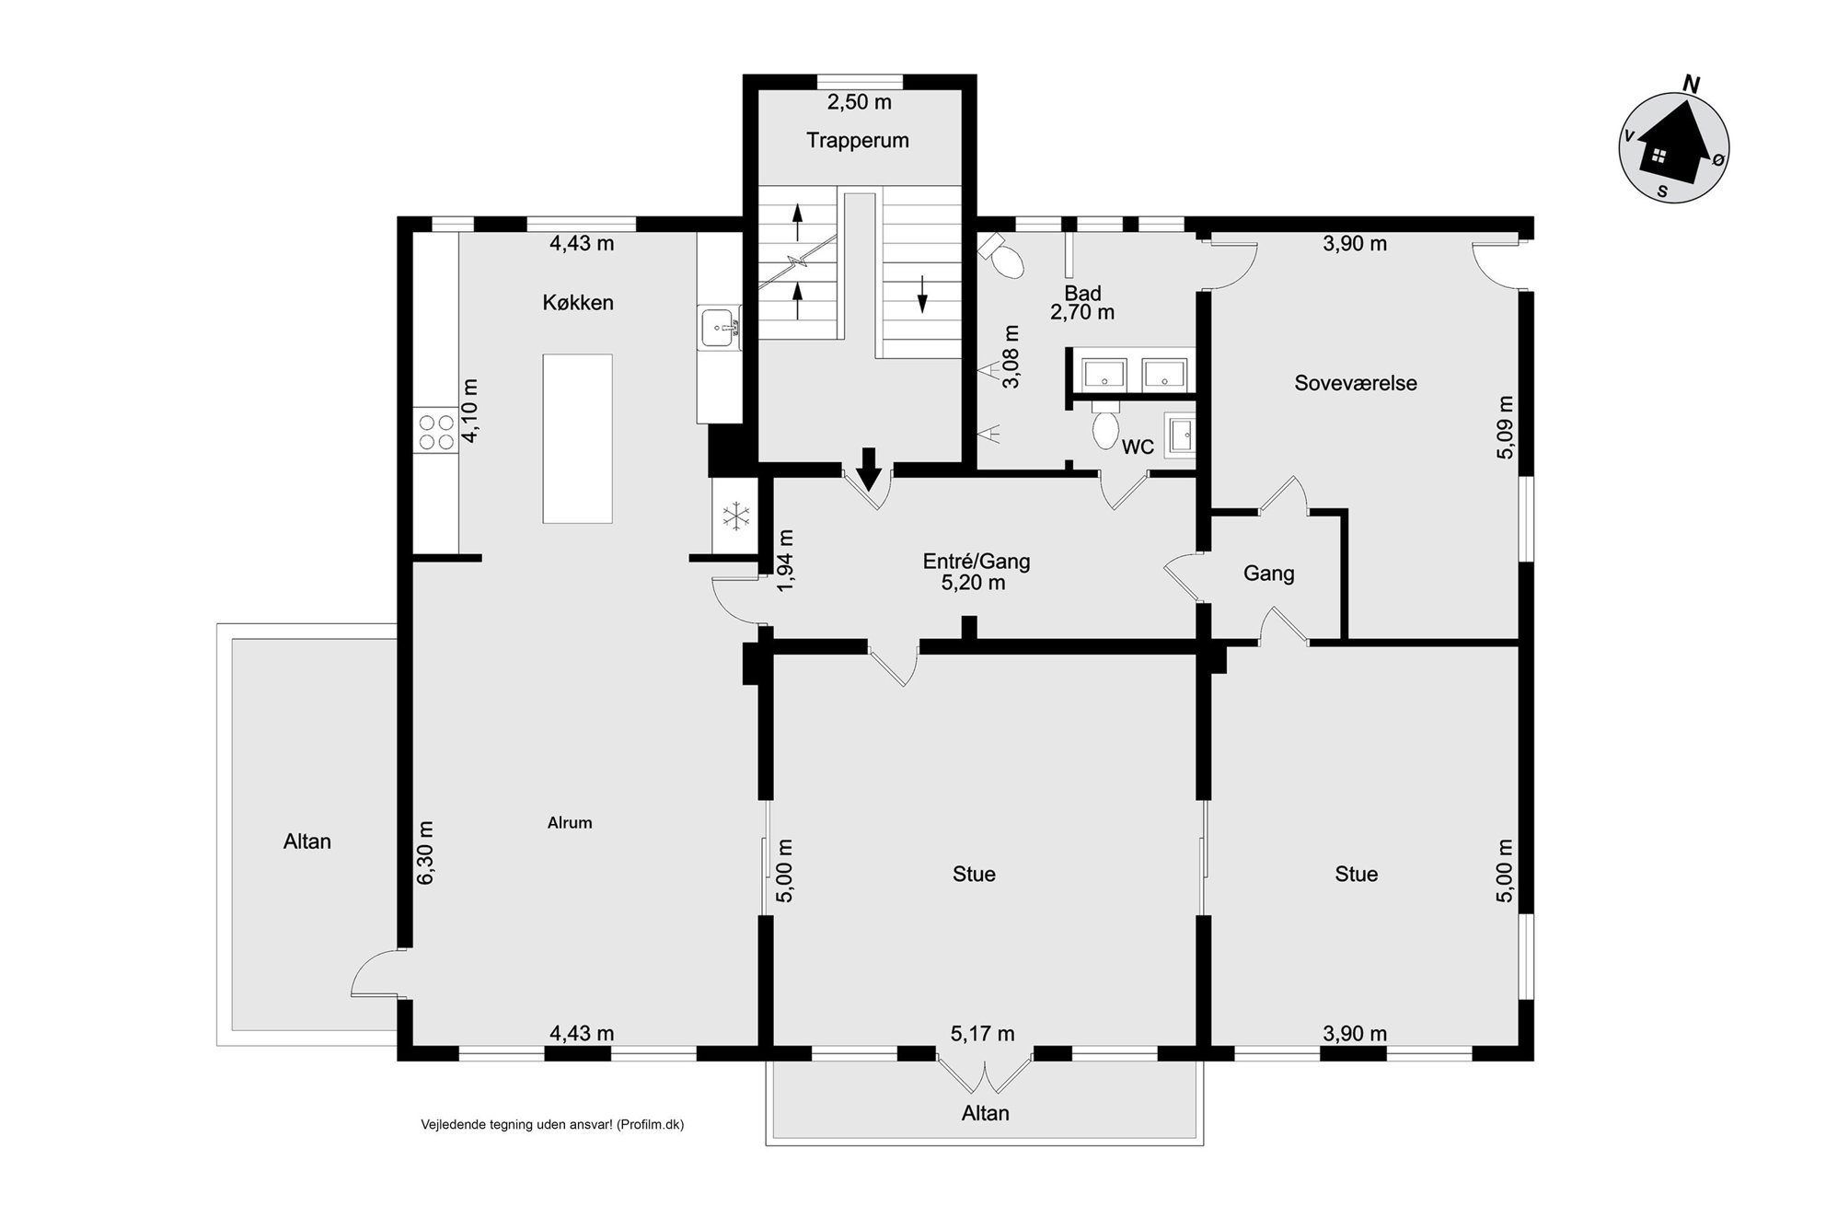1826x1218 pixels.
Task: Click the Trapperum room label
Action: [x=858, y=141]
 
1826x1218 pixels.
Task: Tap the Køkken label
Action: [x=578, y=303]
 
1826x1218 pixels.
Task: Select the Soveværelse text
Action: [x=1356, y=383]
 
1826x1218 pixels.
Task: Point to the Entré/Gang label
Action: [x=977, y=562]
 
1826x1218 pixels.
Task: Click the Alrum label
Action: [x=570, y=823]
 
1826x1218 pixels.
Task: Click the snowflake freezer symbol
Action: [x=735, y=516]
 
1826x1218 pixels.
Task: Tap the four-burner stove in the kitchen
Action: [x=435, y=432]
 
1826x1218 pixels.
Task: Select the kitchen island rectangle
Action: [x=577, y=438]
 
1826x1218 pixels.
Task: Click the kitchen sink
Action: [x=720, y=328]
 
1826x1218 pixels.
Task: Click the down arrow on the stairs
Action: [x=922, y=295]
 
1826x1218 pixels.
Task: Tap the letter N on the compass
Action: [x=1691, y=84]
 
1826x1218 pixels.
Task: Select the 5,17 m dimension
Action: [x=982, y=1034]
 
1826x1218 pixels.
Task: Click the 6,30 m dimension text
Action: [x=424, y=853]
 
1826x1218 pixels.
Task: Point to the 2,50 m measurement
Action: [x=860, y=102]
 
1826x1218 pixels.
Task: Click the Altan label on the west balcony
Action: [x=307, y=841]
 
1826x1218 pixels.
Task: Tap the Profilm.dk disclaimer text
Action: [x=552, y=1124]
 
